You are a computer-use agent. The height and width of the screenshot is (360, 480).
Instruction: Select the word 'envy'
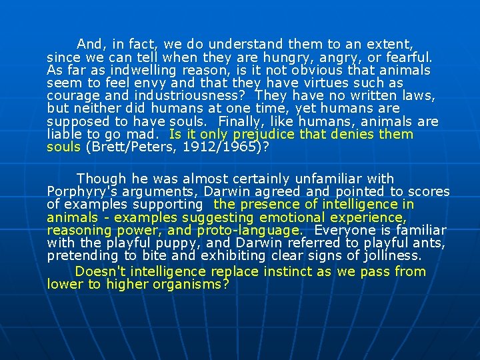(150, 83)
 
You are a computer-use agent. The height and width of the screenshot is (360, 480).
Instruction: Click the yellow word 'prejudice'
(263, 135)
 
